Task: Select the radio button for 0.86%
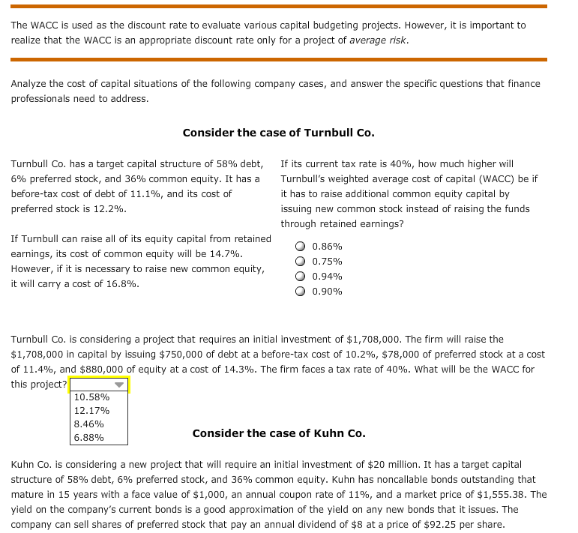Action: click(300, 246)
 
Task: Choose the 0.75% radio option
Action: click(300, 261)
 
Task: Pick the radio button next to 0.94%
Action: click(300, 276)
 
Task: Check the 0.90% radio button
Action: click(300, 291)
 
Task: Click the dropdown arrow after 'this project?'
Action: click(118, 385)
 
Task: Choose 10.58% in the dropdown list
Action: click(92, 397)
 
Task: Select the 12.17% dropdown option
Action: click(92, 410)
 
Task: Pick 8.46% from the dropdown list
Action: click(89, 424)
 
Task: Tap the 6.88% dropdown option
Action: click(89, 437)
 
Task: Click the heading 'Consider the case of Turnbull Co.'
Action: click(278, 133)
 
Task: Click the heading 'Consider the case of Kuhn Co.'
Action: click(278, 433)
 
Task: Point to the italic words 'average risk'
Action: click(378, 40)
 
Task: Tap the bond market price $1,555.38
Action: click(515, 494)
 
